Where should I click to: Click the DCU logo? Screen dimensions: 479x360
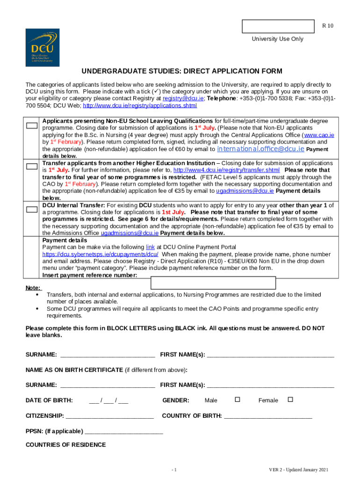coord(42,47)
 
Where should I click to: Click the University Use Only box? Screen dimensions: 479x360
coord(278,26)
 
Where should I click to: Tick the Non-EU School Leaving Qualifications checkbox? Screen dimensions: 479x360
coord(32,125)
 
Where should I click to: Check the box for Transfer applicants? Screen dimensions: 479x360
coord(32,166)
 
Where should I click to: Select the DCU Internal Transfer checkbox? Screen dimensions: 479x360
coord(32,209)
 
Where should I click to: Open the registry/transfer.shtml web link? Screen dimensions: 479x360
coord(226,170)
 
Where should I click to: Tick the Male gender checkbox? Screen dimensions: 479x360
coord(237,399)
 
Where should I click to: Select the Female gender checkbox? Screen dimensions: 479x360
coord(290,399)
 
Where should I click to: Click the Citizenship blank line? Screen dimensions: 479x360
coord(110,416)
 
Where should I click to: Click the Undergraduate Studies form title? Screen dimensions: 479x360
coord(182,71)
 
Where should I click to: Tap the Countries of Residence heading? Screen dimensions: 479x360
coord(65,445)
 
